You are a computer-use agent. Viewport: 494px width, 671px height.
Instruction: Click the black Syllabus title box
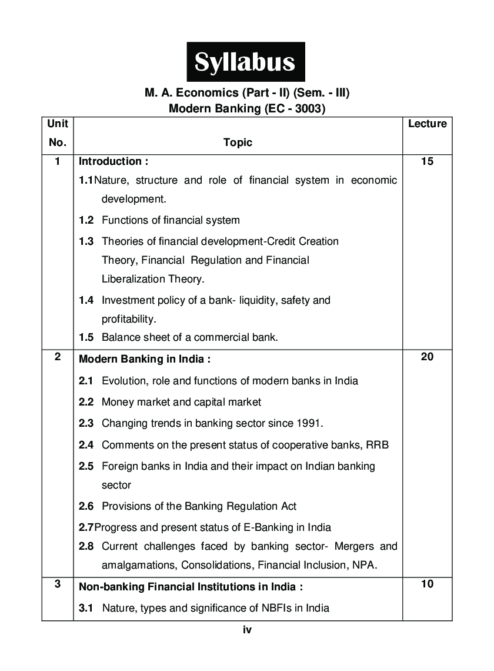click(x=246, y=62)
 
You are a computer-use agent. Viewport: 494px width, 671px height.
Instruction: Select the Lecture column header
click(x=427, y=124)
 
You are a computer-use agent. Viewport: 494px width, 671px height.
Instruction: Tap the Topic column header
click(x=238, y=142)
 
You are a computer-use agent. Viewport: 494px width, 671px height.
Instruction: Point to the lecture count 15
click(x=427, y=161)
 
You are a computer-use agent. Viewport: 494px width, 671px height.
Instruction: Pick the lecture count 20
click(x=427, y=357)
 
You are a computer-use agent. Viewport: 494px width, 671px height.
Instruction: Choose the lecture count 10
click(x=427, y=584)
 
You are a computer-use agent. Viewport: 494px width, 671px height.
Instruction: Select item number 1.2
click(x=86, y=220)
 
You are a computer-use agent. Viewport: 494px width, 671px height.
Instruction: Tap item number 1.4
click(x=86, y=300)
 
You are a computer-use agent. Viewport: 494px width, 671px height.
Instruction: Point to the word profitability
click(x=129, y=319)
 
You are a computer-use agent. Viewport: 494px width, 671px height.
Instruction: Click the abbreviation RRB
click(x=378, y=444)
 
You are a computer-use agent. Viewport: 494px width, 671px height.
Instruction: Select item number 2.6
click(x=86, y=506)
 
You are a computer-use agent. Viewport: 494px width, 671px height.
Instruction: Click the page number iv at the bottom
click(x=247, y=630)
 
